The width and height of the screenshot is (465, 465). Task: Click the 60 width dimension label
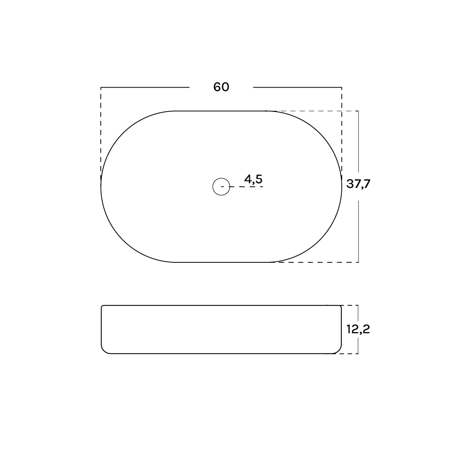[221, 87]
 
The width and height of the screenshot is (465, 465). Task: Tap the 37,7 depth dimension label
[358, 184]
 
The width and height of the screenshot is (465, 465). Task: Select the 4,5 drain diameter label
[253, 179]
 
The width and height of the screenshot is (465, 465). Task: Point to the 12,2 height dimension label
[358, 329]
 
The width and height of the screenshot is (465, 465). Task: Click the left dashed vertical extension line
[101, 133]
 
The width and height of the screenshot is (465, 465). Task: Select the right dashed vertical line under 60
[341, 133]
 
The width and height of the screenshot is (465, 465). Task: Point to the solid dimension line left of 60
[145, 87]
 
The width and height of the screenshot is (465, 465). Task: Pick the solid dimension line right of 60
[297, 87]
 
